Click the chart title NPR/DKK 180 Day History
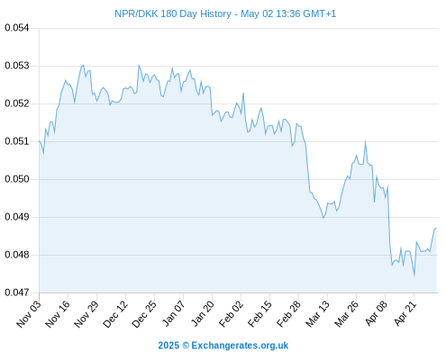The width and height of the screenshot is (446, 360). click(x=173, y=13)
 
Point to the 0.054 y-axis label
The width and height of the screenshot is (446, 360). click(x=17, y=28)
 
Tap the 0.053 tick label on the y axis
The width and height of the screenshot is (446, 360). click(x=17, y=66)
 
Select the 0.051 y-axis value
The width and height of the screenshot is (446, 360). click(x=17, y=141)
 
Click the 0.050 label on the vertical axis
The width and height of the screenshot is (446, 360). click(x=17, y=179)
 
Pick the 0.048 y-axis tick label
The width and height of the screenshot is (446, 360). click(x=17, y=255)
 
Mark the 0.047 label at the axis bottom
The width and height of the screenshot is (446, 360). click(x=17, y=292)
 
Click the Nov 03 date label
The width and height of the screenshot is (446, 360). click(x=29, y=314)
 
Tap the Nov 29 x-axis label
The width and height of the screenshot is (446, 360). click(x=86, y=314)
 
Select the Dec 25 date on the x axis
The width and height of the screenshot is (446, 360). click(x=144, y=314)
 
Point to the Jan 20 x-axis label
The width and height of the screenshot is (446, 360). click(x=202, y=314)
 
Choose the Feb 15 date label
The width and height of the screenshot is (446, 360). click(x=259, y=314)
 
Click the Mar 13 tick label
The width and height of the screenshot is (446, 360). click(x=317, y=314)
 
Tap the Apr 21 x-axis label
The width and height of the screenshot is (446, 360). click(x=405, y=314)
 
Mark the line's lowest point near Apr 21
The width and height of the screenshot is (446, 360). click(x=414, y=275)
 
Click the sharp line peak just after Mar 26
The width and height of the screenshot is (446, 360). click(x=365, y=140)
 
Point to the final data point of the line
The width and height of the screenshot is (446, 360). click(x=436, y=229)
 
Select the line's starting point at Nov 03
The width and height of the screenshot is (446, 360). click(x=39, y=140)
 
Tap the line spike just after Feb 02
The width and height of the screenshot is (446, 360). click(x=243, y=94)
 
